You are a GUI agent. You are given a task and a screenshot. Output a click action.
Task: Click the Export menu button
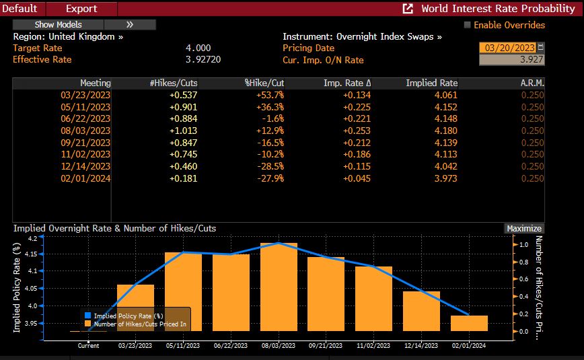pos(81,9)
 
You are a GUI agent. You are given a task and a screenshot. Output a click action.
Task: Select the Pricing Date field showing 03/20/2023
pos(507,48)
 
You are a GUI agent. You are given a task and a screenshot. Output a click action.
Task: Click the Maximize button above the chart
pos(524,228)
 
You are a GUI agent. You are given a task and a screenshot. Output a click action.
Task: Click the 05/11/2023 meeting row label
pos(85,106)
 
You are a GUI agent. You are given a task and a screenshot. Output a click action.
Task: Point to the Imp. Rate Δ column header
pos(347,83)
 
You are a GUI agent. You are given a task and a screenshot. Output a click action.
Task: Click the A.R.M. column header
pos(532,83)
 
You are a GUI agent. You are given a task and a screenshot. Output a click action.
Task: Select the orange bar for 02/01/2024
pos(469,323)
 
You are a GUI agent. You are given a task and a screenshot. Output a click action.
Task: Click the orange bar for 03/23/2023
pos(135,308)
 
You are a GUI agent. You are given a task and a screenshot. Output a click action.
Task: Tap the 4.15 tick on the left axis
pos(32,254)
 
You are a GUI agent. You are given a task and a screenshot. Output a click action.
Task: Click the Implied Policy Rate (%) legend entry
pos(128,315)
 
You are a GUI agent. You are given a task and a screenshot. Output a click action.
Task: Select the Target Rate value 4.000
pos(198,48)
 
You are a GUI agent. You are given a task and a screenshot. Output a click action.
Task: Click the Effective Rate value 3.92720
pos(203,59)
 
